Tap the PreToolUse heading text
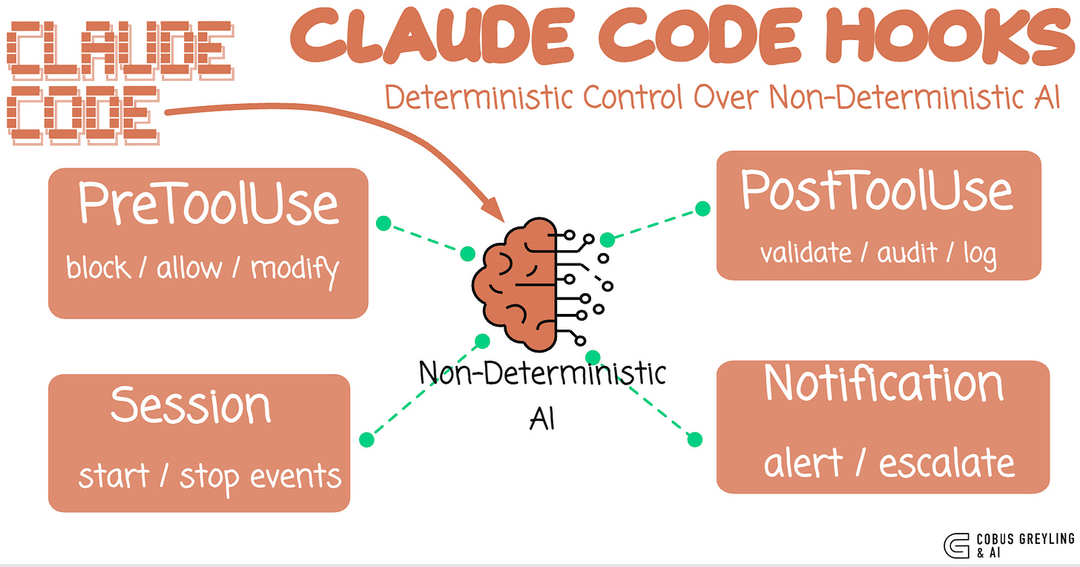(208, 203)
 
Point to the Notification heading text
(883, 384)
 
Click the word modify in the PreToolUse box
(294, 268)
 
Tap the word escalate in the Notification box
(946, 464)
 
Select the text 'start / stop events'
(210, 476)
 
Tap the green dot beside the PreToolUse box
(383, 222)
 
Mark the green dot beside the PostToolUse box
(702, 209)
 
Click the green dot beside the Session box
(366, 439)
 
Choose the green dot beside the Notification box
(694, 439)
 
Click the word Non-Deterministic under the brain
(542, 373)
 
